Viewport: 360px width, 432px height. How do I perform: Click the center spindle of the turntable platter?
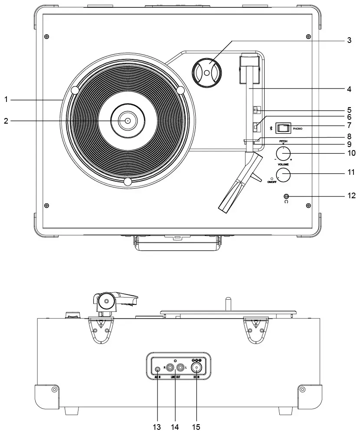click(x=128, y=121)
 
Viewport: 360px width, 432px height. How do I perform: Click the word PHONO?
click(x=297, y=129)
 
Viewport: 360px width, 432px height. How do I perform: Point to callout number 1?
click(x=7, y=100)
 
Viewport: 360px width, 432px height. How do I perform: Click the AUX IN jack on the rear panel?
click(x=157, y=370)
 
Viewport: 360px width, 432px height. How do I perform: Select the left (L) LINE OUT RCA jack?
click(x=181, y=369)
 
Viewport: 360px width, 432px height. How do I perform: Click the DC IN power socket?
click(x=197, y=369)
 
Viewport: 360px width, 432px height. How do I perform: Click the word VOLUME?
click(x=284, y=165)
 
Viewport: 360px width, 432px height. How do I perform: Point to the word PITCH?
click(x=284, y=141)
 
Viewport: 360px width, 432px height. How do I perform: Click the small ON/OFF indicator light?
click(x=272, y=178)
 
